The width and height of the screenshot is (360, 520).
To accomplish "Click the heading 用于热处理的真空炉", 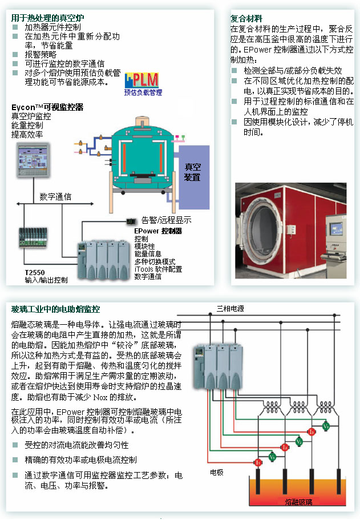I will pyautogui.click(x=48, y=17).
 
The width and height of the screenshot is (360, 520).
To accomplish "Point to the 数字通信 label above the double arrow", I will pyautogui.click(x=55, y=197).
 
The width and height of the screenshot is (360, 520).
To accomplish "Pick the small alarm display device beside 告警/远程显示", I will pyautogui.click(x=131, y=221).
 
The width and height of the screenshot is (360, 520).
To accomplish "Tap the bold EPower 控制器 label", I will pyautogui.click(x=157, y=231).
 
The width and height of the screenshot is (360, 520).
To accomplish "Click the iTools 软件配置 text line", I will pyautogui.click(x=158, y=269).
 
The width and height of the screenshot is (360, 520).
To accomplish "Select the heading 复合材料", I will pyautogui.click(x=246, y=18).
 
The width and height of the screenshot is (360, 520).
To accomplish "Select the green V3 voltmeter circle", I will pyautogui.click(x=326, y=426).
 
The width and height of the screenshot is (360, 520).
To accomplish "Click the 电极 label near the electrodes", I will pyautogui.click(x=217, y=473).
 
